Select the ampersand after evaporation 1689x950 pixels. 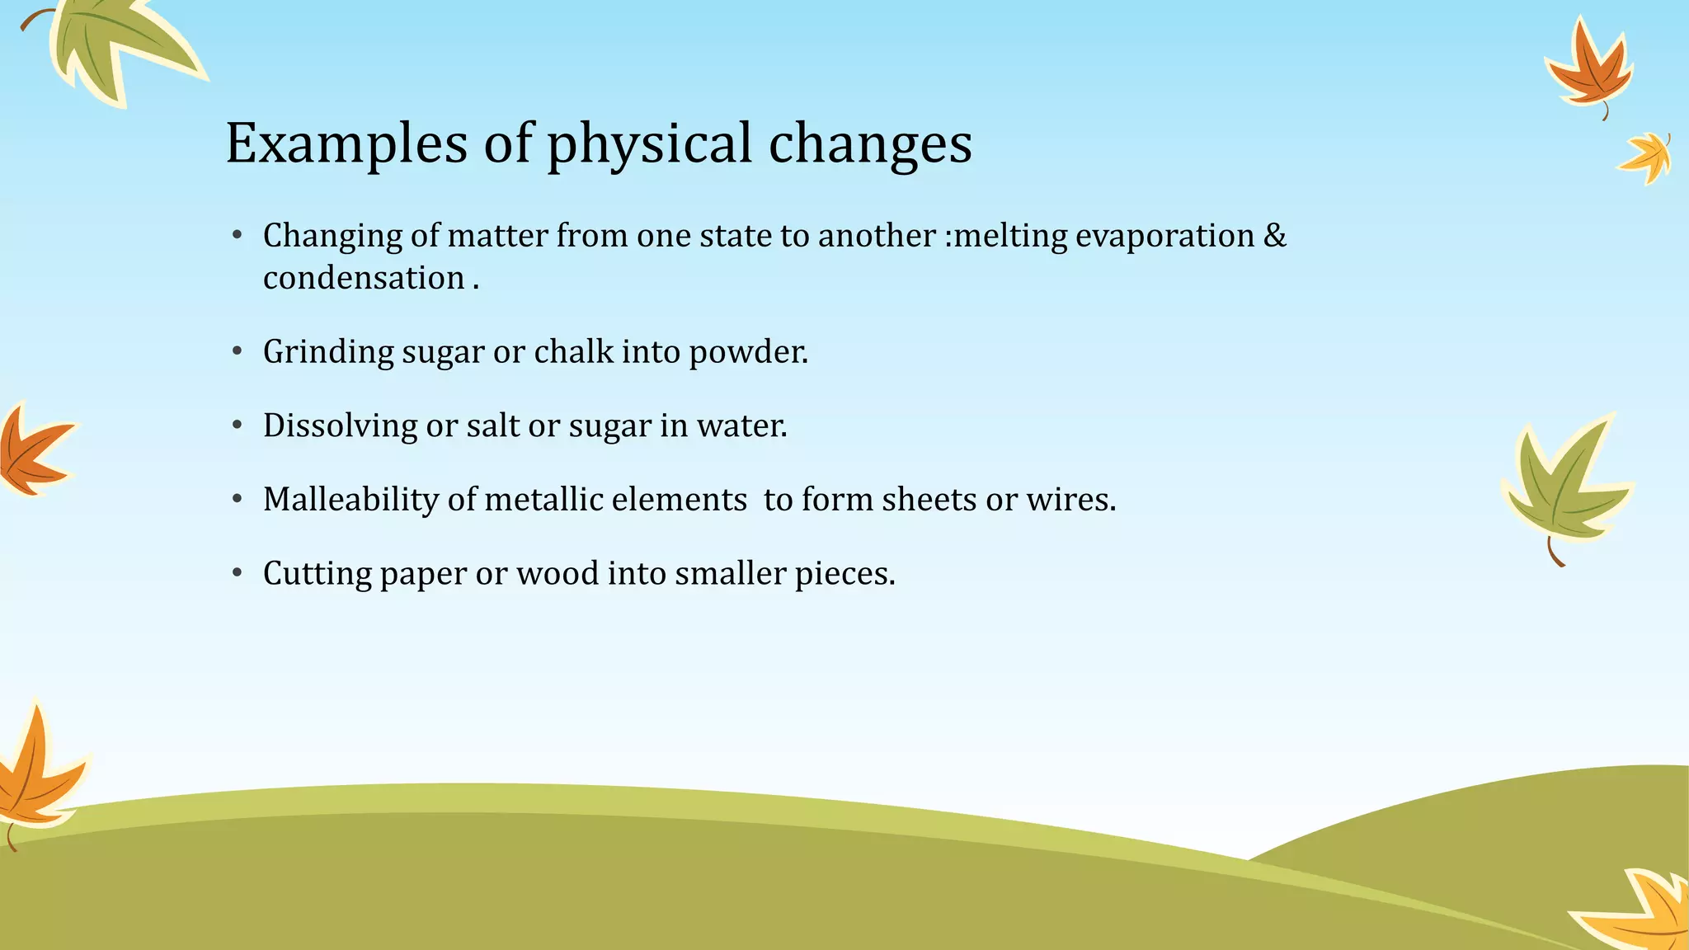tap(1275, 236)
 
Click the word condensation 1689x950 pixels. tap(364, 279)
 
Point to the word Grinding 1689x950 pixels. tap(328, 352)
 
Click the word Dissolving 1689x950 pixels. tap(340, 426)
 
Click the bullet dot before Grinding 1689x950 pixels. tap(238, 351)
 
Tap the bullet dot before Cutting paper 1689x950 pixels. tap(238, 573)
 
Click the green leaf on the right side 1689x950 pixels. tap(1564, 487)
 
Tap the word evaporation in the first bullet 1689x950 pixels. tap(1164, 236)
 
